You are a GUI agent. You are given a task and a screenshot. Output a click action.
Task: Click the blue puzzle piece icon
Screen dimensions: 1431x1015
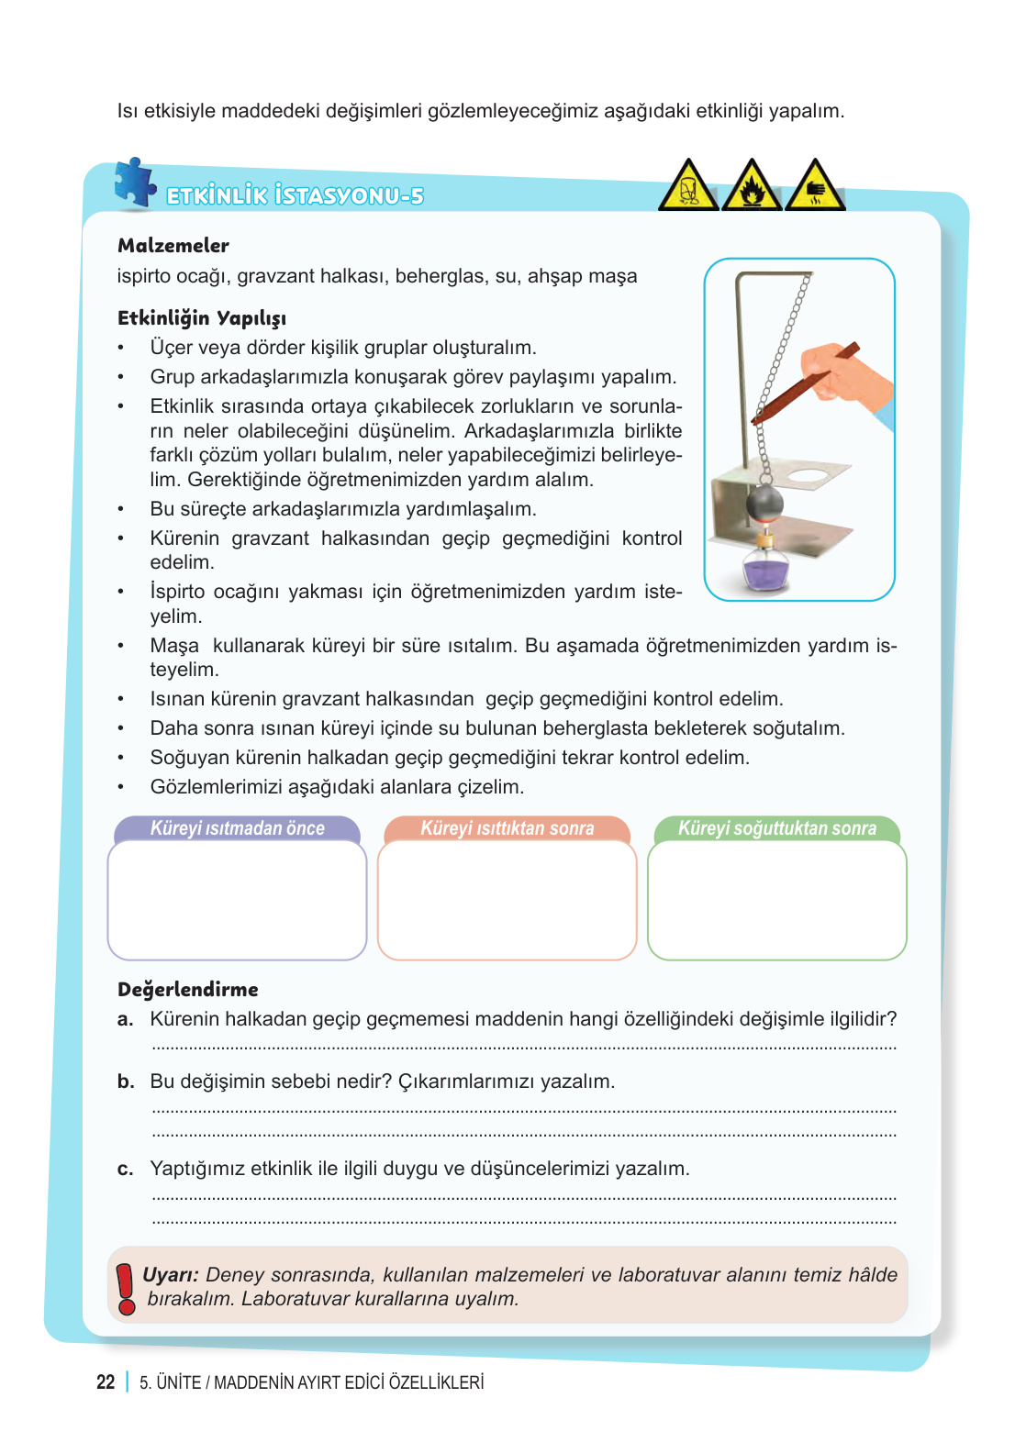135,182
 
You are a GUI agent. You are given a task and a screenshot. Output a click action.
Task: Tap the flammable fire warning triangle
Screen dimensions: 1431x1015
752,187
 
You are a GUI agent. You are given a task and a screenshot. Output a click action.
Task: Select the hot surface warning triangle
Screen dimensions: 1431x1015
815,187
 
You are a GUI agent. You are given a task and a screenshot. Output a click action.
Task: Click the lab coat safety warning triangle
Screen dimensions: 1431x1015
688,187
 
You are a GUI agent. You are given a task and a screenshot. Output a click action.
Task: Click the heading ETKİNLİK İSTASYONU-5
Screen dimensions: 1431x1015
295,195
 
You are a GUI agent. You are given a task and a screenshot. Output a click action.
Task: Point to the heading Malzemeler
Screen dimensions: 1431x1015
173,246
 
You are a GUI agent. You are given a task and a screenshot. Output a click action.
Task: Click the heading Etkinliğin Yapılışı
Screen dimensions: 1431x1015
202,318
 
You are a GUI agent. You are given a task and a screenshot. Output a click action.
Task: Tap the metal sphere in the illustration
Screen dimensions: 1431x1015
764,504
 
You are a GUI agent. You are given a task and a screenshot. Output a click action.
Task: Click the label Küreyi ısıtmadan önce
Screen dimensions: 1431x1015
237,828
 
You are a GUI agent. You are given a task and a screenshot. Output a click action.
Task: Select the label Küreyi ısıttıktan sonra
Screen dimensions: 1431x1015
507,828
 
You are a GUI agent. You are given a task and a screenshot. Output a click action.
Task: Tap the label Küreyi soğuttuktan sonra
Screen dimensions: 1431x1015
776,828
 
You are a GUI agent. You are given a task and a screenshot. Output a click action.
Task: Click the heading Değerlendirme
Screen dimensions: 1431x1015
188,990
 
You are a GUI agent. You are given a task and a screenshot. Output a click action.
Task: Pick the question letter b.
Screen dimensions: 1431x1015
126,1082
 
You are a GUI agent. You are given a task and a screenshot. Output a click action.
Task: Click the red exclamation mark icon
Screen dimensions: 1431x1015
126,1287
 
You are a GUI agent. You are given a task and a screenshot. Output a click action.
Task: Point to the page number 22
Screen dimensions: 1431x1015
106,1382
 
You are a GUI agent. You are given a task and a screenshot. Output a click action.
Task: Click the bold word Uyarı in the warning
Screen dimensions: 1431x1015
170,1275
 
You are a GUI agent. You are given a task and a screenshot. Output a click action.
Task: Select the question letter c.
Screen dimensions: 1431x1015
126,1169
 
